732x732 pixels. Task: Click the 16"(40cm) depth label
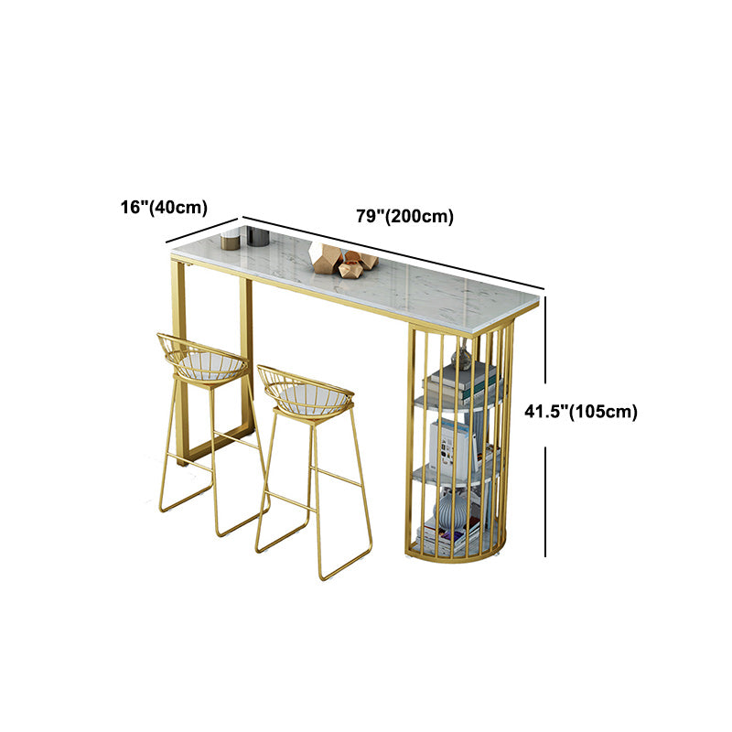click(164, 207)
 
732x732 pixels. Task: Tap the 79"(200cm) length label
click(405, 216)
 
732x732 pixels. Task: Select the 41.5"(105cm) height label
click(581, 412)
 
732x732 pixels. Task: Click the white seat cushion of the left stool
click(212, 364)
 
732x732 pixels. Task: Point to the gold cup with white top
click(231, 239)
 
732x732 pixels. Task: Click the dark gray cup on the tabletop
click(258, 236)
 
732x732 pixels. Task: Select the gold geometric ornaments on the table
click(343, 261)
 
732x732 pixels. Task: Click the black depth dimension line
click(202, 230)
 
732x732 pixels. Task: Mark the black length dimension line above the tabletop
click(393, 253)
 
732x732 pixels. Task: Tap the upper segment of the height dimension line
click(545, 347)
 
